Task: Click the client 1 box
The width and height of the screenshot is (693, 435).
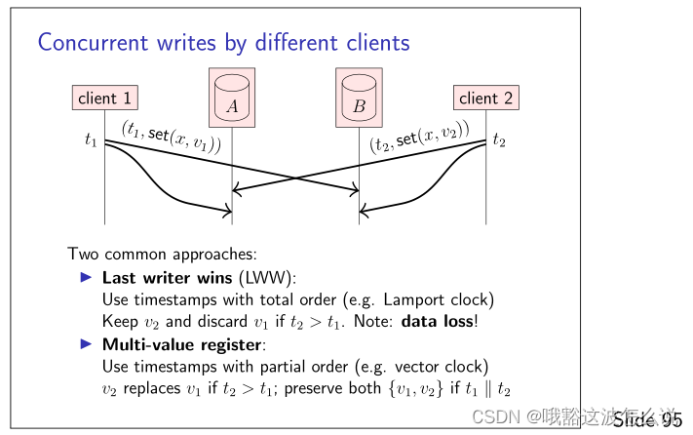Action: (x=104, y=98)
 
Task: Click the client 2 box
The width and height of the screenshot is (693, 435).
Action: (x=485, y=98)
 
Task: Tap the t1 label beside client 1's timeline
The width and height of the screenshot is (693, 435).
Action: (x=90, y=140)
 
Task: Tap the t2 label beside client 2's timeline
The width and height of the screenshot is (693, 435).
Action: (x=499, y=140)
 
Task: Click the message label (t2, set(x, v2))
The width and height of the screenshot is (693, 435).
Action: (x=420, y=136)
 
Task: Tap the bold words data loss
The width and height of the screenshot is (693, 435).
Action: (x=438, y=320)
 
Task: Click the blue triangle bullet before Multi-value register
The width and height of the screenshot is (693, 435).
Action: (x=87, y=344)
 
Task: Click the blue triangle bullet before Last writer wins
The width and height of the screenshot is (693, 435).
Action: (x=87, y=277)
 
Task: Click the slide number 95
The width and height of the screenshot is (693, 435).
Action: (x=672, y=420)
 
